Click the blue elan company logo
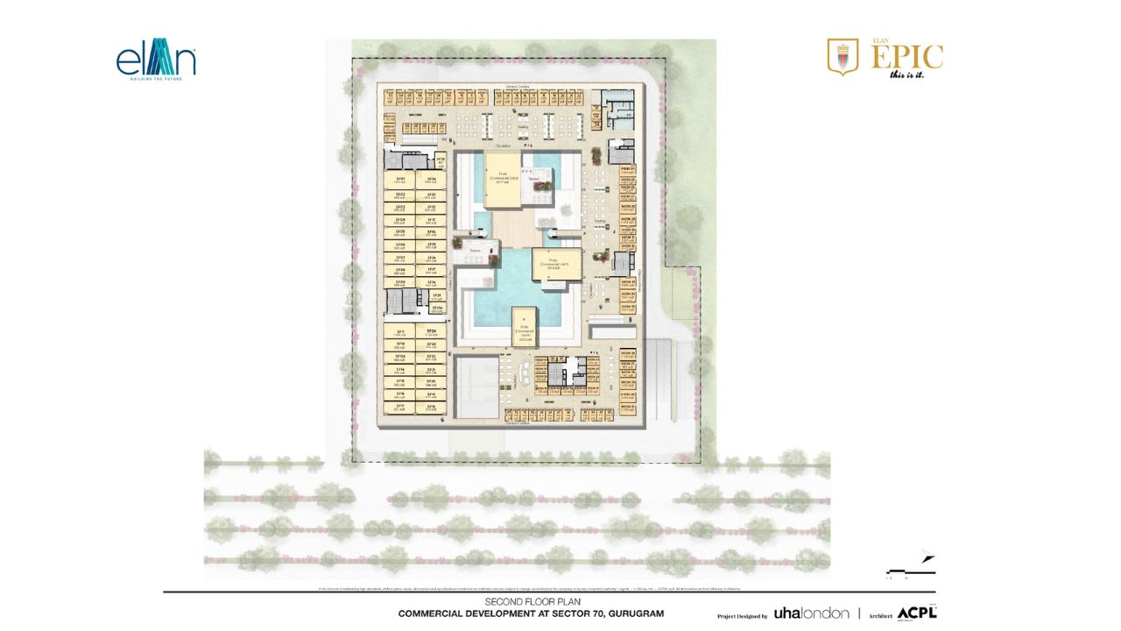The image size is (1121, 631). pos(155,62)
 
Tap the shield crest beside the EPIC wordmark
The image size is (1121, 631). pos(843,56)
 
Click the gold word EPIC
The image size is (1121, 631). pos(906,57)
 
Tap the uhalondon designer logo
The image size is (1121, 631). pos(811,613)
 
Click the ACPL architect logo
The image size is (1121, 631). pos(916,613)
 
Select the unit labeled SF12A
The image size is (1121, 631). pos(400,358)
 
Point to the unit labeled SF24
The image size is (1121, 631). pos(431,331)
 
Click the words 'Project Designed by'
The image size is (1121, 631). pos(742,616)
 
